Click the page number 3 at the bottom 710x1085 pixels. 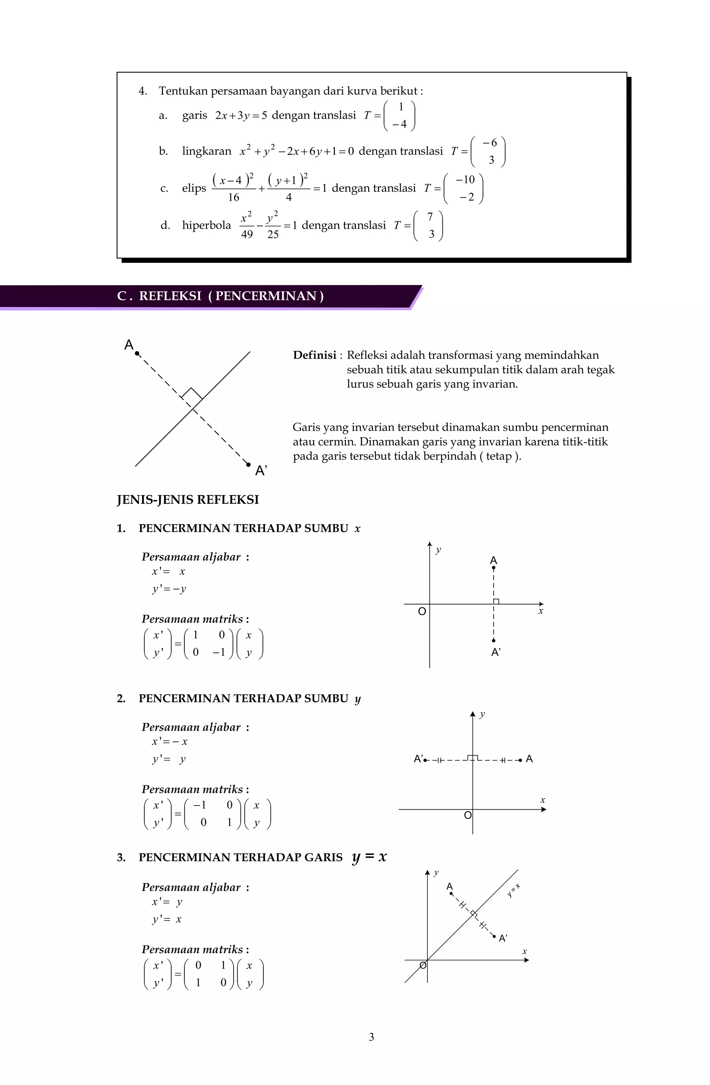coord(371,1037)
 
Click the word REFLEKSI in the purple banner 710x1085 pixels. coord(170,296)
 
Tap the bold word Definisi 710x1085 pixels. coord(314,355)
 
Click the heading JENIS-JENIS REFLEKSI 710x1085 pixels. coord(188,500)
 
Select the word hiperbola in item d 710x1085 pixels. coord(206,225)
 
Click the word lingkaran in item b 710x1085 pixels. coord(206,151)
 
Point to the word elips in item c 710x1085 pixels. coord(194,188)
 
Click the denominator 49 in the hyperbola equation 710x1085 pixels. coord(246,234)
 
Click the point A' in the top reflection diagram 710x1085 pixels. coord(248,465)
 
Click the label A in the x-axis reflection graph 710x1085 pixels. coord(493,560)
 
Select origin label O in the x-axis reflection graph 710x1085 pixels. coord(422,611)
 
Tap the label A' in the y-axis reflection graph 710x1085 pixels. coord(418,759)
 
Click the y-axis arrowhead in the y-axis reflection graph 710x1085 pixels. coord(473,714)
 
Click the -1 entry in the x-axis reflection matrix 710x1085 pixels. coord(219,652)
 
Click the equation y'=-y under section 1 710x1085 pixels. coord(169,589)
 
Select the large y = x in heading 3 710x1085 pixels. coord(369,857)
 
